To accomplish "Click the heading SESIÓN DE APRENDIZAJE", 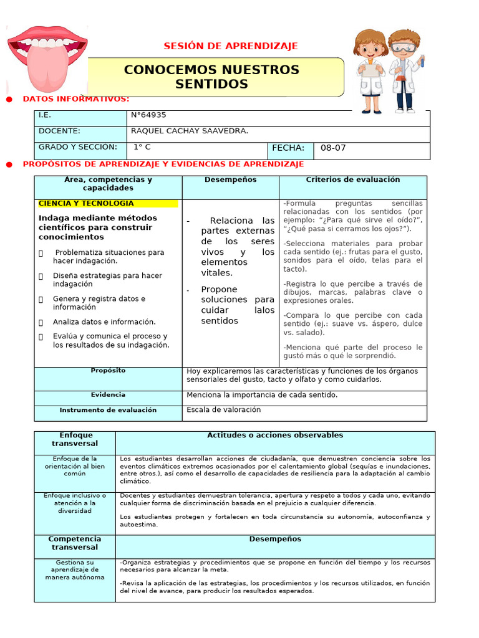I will [231, 46].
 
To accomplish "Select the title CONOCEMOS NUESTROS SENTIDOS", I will [211, 77].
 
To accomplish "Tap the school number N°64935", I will [148, 115].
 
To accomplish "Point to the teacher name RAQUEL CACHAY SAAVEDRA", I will [190, 131].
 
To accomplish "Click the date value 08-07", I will [333, 148].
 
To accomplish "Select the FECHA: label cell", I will [289, 148].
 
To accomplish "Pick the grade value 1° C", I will [142, 148].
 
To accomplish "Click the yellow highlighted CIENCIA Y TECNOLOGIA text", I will [86, 204].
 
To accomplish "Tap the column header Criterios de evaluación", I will [352, 179].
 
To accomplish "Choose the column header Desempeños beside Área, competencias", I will [230, 179].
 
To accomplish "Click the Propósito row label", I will [108, 371].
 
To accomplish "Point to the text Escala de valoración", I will [223, 410].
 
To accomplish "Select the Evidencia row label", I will [108, 395].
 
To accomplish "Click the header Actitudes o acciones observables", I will [275, 435].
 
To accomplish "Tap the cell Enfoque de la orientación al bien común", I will [75, 466].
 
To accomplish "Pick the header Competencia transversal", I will [75, 543].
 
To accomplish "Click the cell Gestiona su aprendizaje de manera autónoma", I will [75, 569].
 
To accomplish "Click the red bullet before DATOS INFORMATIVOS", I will [9, 100].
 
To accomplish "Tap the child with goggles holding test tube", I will [405, 69].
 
